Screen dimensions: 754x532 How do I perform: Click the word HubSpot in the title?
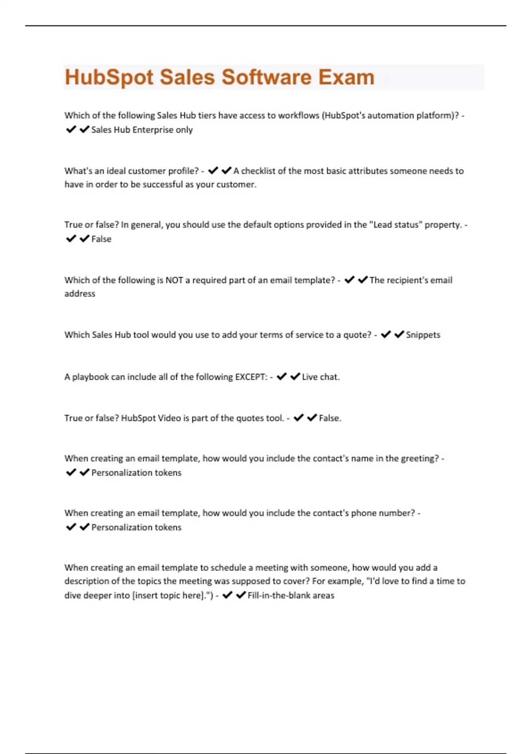tap(109, 77)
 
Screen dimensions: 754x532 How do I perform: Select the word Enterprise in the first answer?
tap(153, 130)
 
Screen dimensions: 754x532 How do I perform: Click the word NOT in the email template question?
tap(174, 280)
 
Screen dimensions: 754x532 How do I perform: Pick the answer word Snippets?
tap(423, 335)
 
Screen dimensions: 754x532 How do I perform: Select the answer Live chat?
tap(320, 377)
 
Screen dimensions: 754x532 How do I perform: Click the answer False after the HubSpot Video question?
tap(329, 418)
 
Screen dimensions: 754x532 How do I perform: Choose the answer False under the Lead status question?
tap(101, 239)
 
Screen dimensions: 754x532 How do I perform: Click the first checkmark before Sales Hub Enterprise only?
tap(71, 130)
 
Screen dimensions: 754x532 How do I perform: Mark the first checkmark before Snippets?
tap(386, 334)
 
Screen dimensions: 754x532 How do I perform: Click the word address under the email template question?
tap(80, 294)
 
